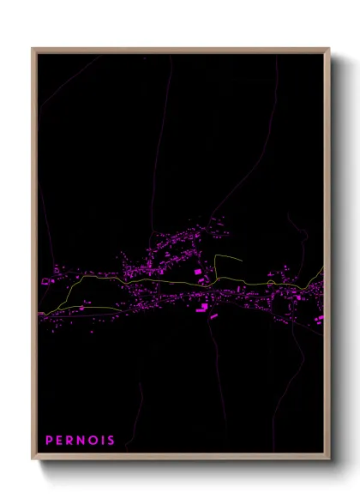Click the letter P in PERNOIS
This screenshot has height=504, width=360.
coord(50,441)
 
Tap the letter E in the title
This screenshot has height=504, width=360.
coord(61,441)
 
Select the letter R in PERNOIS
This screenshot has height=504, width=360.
coord(72,441)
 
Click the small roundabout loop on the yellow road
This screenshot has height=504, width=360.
coord(271,282)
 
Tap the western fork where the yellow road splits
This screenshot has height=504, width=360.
coord(81,279)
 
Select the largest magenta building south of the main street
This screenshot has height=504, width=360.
coord(201,309)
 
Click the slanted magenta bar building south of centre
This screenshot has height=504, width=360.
coord(213,316)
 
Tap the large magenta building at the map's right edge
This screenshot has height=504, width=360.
coord(319,319)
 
